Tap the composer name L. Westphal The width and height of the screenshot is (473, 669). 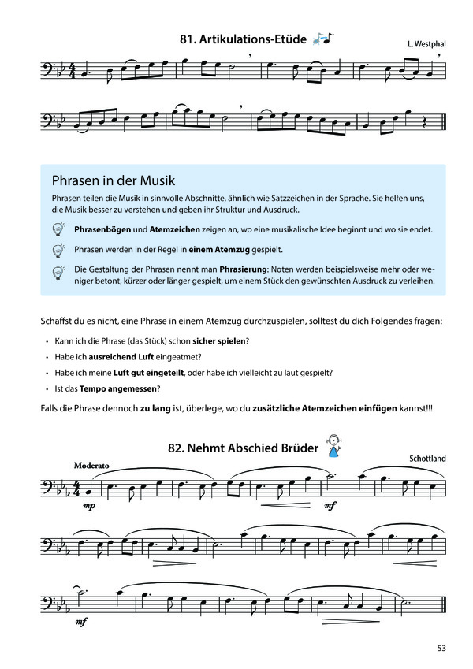(x=426, y=44)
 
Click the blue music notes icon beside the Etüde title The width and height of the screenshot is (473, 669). (x=323, y=37)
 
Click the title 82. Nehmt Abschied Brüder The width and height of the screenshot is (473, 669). (x=242, y=448)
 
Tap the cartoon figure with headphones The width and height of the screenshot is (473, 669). (x=335, y=447)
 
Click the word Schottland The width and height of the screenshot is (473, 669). (x=427, y=458)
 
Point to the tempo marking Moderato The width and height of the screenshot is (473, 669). (x=93, y=465)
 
